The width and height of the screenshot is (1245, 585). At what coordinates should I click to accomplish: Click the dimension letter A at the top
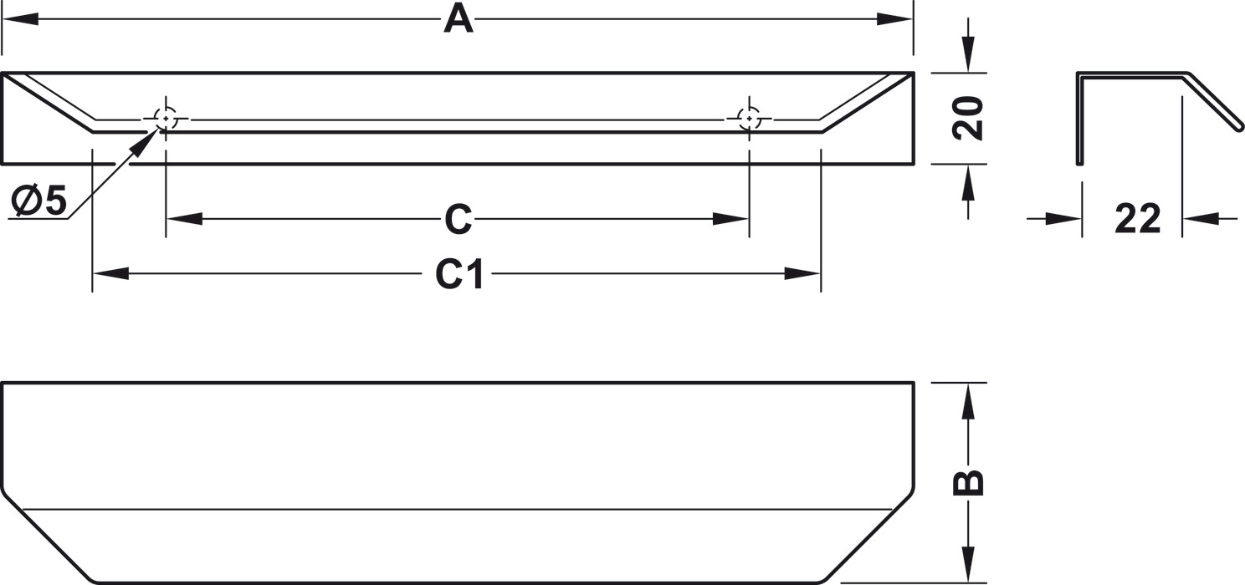[x=458, y=18]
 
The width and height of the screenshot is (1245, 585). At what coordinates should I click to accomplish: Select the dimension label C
[x=458, y=219]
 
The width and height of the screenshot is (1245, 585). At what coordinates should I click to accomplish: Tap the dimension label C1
[x=459, y=273]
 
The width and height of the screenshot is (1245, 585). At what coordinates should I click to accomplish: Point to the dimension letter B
[x=968, y=483]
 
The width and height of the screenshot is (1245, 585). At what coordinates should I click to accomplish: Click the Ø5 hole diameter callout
[x=39, y=201]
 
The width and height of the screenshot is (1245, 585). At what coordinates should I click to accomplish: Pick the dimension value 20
[x=968, y=118]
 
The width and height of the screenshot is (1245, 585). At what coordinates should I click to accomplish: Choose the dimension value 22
[x=1137, y=219]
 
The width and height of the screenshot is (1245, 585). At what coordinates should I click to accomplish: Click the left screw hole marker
[x=166, y=120]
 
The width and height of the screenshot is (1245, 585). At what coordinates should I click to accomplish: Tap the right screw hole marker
[x=749, y=120]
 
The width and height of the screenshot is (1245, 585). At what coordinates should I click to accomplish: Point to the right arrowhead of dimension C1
[x=803, y=273]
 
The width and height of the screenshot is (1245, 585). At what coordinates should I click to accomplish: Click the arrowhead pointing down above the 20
[x=968, y=56]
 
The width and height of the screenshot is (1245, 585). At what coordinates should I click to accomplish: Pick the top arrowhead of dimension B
[x=968, y=399]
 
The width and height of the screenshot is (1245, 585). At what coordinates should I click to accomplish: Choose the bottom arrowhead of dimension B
[x=968, y=565]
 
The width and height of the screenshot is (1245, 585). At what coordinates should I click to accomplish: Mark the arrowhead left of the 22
[x=1065, y=219]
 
